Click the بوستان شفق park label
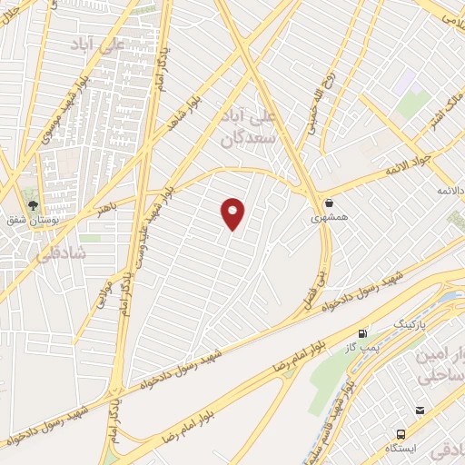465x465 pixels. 34,220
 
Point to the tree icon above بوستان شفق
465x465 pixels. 34,205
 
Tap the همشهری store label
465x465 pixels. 327,218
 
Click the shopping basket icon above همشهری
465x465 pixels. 328,203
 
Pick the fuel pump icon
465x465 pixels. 363,333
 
